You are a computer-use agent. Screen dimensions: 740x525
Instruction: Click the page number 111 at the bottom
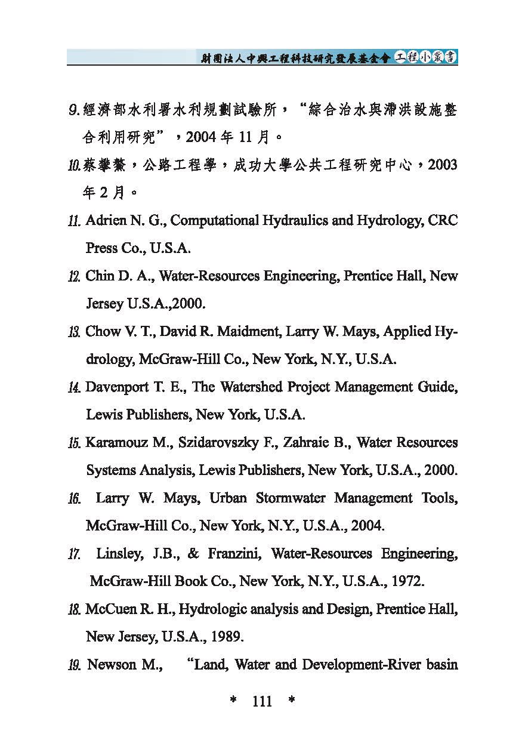pos(262,701)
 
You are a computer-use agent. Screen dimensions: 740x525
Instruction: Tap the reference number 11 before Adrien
pos(74,221)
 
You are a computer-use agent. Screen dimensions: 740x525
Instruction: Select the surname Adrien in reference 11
pos(106,221)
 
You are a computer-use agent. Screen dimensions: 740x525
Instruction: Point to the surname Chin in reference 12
pos(99,276)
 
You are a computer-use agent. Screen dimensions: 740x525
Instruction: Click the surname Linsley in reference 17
pos(119,554)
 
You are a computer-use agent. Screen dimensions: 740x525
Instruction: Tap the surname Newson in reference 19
pos(112,665)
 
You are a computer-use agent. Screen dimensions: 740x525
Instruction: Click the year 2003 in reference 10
pos(441,165)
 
